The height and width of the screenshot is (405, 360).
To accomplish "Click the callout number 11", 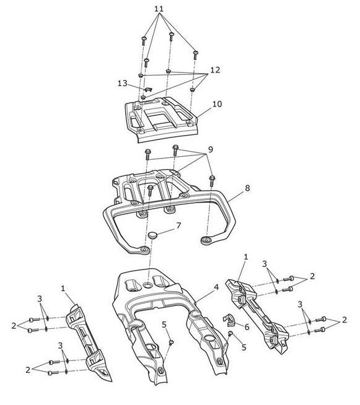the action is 159,9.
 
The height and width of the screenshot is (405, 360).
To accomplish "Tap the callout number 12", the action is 215,70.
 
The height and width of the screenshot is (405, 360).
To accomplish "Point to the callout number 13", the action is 123,84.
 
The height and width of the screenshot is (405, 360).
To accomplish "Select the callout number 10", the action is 217,104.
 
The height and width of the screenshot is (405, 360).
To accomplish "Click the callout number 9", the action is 211,149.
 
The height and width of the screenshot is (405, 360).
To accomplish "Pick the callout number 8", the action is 247,188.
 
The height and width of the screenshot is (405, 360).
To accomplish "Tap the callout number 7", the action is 178,225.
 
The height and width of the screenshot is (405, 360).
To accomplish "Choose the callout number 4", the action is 216,287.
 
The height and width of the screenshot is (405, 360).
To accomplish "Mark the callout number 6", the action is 247,327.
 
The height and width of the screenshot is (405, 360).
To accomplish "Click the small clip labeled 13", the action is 148,89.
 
